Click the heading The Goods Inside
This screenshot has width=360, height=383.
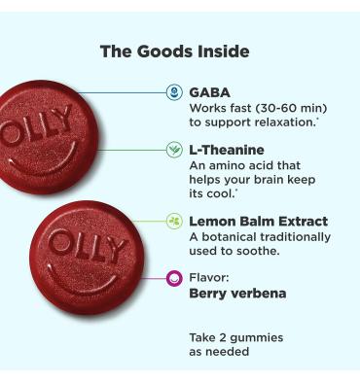coord(174,52)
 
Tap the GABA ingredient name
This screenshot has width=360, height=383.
coord(209,92)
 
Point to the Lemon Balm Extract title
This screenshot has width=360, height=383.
coord(258,222)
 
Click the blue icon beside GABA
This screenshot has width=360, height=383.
coord(174,92)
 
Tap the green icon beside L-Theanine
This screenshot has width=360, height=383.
coord(174,150)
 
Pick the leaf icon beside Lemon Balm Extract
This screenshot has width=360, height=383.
coord(174,222)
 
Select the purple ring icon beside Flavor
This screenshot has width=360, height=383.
coord(174,278)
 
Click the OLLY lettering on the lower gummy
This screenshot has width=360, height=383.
coord(89,247)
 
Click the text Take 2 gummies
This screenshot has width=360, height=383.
coord(235,337)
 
